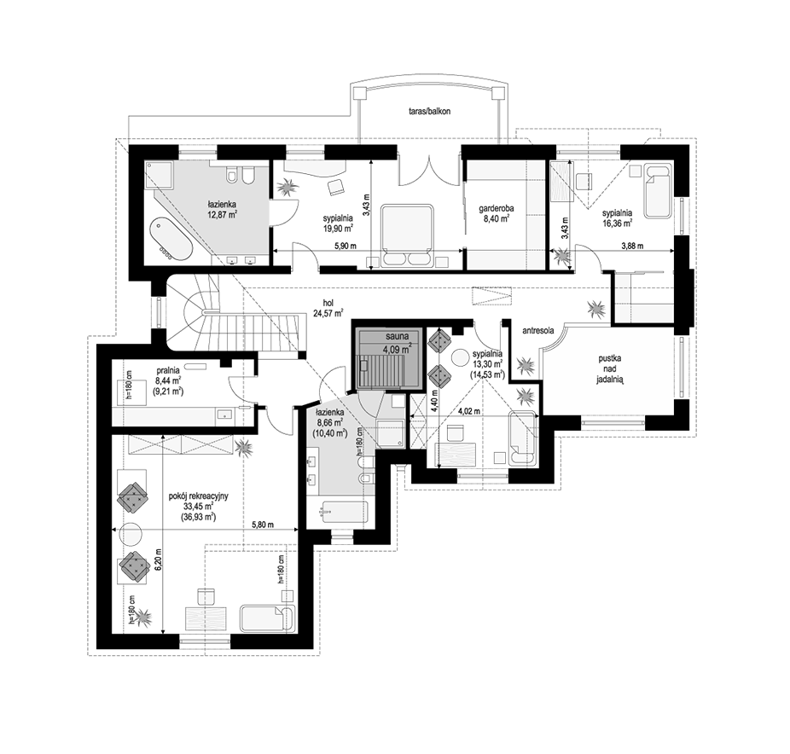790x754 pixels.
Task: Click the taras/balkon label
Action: tap(430, 112)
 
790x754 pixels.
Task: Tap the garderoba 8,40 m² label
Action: tap(496, 213)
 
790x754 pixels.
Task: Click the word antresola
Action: tap(538, 331)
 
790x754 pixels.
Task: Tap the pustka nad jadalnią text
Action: tap(610, 370)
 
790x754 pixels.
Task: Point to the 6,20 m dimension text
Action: tap(158, 559)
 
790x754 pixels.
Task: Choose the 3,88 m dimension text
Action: tap(632, 246)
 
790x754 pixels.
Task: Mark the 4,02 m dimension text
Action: tap(468, 411)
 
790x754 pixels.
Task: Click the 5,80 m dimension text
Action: tap(263, 525)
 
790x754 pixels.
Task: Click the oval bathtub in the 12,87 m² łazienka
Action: tap(170, 239)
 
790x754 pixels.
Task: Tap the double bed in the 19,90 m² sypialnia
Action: tap(407, 235)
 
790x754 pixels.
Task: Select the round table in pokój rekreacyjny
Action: tap(131, 534)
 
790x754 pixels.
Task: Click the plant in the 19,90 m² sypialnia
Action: tap(288, 188)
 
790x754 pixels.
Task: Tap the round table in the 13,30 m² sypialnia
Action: tap(460, 358)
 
